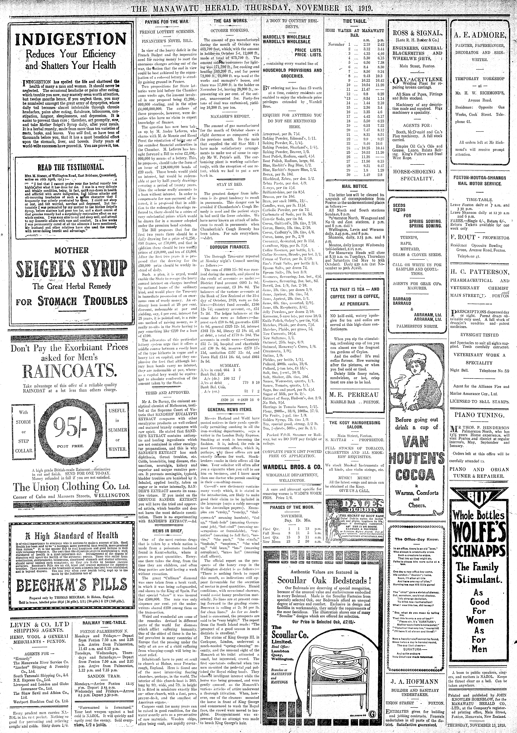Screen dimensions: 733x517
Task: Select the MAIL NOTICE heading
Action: [x=355, y=186]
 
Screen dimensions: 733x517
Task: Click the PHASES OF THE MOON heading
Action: [x=292, y=507]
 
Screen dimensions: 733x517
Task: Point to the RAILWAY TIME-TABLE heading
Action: [x=100, y=621]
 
